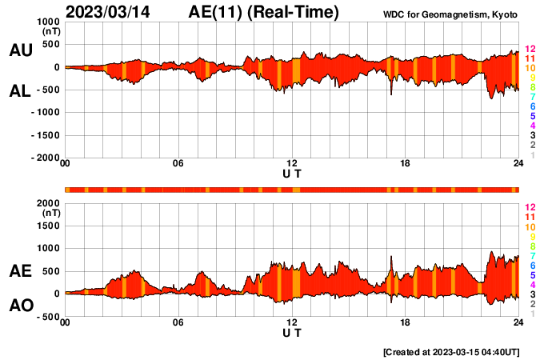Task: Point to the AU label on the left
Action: pos(20,50)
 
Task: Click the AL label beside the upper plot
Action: pos(20,91)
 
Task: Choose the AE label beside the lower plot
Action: pos(20,272)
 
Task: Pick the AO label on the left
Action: pos(20,306)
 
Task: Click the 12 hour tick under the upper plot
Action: pos(292,164)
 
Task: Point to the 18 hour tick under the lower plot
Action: pos(406,322)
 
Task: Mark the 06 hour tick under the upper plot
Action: pos(178,164)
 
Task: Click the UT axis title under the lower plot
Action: pos(292,332)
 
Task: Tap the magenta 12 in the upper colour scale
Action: pos(529,50)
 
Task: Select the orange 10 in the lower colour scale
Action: pos(529,227)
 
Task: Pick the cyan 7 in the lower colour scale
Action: pos(532,256)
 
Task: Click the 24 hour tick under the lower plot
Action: pos(518,322)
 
